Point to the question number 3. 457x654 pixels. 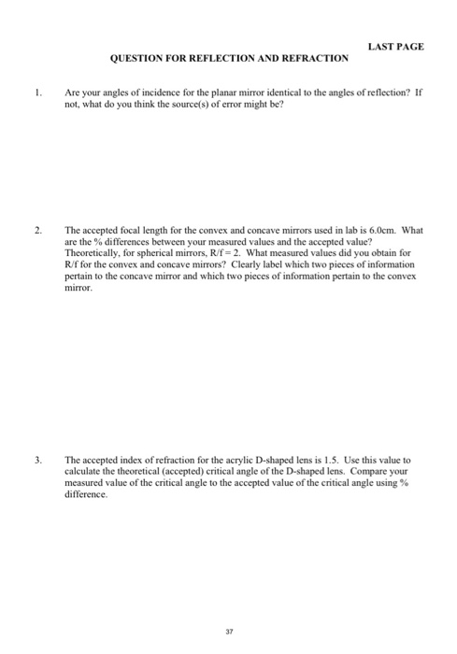pyautogui.click(x=36, y=461)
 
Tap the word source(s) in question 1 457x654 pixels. pyautogui.click(x=171, y=107)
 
